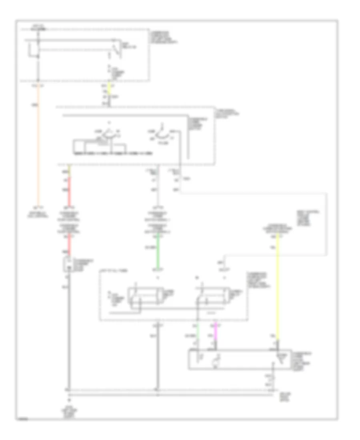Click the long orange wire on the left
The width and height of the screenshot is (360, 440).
point(38,144)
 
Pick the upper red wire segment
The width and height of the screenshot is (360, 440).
point(69,188)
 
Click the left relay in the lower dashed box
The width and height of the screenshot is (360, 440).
point(144,297)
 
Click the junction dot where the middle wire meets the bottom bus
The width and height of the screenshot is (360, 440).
point(158,389)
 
